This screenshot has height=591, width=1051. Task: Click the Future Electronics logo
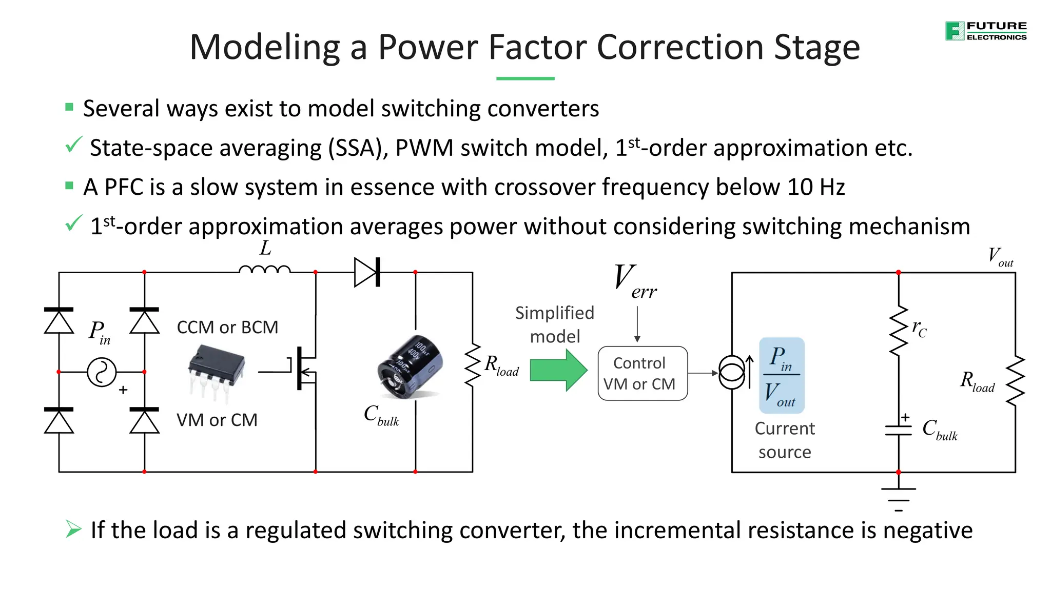pyautogui.click(x=985, y=31)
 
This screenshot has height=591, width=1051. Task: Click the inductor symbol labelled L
pyautogui.click(x=265, y=269)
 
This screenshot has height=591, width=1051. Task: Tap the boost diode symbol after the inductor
pyautogui.click(x=367, y=272)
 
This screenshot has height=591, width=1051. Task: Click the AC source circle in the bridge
pyautogui.click(x=102, y=372)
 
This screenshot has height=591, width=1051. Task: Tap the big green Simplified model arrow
pyautogui.click(x=558, y=370)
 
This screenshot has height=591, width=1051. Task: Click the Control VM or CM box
pyautogui.click(x=642, y=373)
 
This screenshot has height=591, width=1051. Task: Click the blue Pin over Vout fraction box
pyautogui.click(x=782, y=376)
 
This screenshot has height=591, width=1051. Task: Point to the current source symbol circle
pyautogui.click(x=732, y=373)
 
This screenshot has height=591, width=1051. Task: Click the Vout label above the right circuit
pyautogui.click(x=1000, y=256)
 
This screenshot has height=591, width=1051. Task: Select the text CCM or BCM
pyautogui.click(x=227, y=327)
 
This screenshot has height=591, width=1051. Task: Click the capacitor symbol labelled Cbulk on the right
pyautogui.click(x=898, y=430)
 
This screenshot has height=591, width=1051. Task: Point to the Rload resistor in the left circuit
pyautogui.click(x=472, y=365)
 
